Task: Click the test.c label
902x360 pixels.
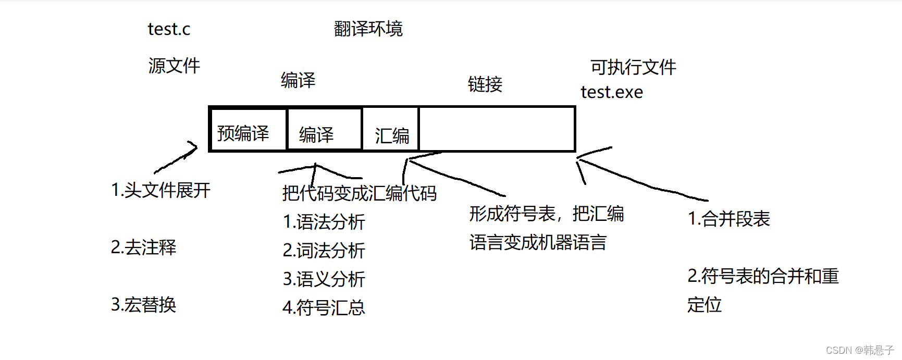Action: (x=169, y=29)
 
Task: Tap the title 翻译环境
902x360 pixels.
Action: (x=368, y=29)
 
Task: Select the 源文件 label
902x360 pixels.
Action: (x=174, y=66)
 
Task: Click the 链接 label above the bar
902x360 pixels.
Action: (x=485, y=84)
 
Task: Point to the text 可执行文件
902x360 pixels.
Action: (x=633, y=67)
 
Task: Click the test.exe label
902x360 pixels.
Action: (x=612, y=92)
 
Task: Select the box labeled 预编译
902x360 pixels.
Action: (x=248, y=130)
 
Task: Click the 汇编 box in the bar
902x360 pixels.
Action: (x=391, y=130)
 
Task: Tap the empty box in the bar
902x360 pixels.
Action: (x=497, y=129)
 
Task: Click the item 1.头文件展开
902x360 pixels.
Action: (x=160, y=190)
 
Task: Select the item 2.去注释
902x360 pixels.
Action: (x=143, y=247)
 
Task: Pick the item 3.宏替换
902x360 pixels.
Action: (x=143, y=304)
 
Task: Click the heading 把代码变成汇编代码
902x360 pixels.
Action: (x=359, y=193)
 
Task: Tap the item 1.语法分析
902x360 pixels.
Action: (x=324, y=222)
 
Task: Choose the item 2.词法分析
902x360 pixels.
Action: (x=324, y=251)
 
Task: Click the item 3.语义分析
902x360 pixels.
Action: (x=324, y=279)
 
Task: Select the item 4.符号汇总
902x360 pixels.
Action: (x=324, y=308)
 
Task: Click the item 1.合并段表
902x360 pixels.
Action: (x=728, y=219)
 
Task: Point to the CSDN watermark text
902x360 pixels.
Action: (x=859, y=350)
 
